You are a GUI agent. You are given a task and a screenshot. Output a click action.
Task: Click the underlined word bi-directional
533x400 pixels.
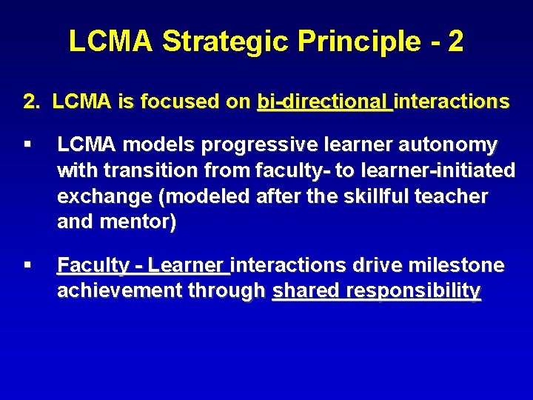(324, 101)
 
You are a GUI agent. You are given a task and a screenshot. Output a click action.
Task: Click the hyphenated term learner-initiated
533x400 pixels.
(437, 170)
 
